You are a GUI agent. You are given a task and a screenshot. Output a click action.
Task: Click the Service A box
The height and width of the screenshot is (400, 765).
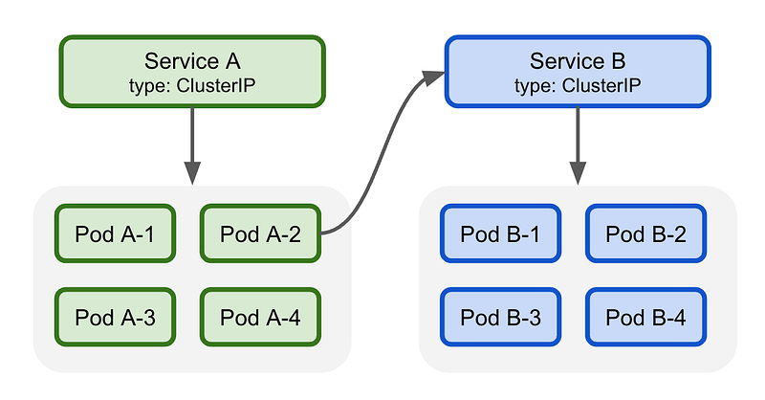pos(192,72)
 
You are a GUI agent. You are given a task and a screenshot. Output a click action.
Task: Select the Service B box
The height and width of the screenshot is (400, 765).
pos(578,72)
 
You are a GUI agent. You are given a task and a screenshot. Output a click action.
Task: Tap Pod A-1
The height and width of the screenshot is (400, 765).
pos(115,233)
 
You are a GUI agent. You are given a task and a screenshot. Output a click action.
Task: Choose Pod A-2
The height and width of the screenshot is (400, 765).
pos(260,233)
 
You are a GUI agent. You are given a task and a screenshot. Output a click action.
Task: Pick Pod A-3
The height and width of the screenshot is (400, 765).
pos(115,317)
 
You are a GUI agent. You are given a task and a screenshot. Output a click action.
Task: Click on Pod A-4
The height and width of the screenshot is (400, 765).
pos(260,317)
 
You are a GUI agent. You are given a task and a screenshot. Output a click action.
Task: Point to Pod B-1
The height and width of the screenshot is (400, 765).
pos(500,233)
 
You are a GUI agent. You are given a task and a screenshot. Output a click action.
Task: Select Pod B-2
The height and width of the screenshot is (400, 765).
pos(646,233)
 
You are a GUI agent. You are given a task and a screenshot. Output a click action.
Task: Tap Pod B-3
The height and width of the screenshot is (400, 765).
pos(500,317)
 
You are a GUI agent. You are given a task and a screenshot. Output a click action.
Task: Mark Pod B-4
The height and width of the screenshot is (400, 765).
pos(646,317)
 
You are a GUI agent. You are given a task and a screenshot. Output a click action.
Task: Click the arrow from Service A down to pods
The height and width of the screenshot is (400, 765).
pos(192,145)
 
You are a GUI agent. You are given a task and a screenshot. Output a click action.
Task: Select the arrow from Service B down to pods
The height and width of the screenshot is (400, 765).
pos(578,145)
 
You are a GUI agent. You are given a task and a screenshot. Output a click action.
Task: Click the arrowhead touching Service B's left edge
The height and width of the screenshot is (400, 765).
pos(433,78)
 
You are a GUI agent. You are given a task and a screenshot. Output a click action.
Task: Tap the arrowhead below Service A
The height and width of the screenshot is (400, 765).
pos(192,173)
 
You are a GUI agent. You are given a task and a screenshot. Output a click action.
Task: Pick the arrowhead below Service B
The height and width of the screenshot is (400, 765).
pos(578,173)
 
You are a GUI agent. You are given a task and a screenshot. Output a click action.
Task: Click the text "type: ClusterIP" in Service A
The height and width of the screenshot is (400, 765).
pos(192,85)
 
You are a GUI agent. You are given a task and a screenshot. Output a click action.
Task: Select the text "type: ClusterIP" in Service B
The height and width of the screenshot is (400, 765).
pos(578,85)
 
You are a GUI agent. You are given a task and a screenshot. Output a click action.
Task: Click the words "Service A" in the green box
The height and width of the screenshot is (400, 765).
pos(192,61)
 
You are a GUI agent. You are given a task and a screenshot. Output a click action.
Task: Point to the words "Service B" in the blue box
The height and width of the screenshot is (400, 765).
pos(578,61)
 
